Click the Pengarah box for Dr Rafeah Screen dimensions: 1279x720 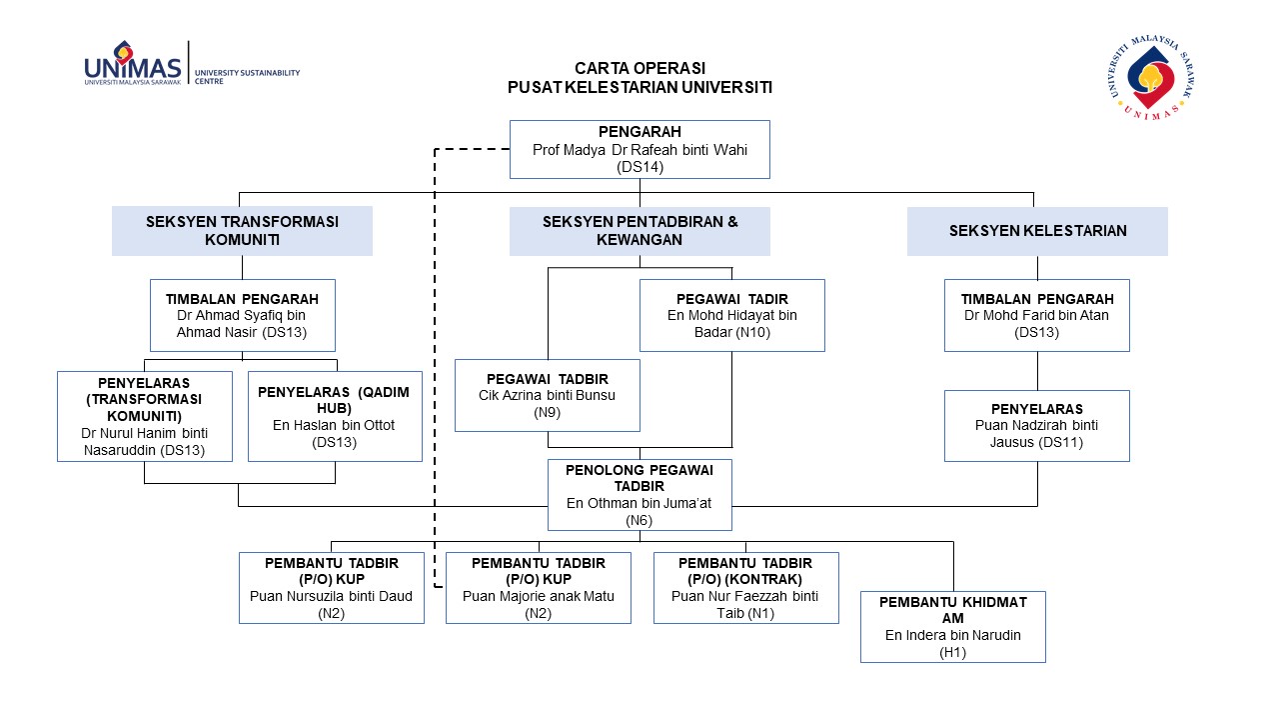click(x=639, y=149)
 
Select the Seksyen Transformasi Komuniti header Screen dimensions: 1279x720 click(x=242, y=231)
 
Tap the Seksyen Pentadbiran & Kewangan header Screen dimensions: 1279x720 click(x=639, y=231)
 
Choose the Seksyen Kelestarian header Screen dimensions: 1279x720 click(x=1037, y=231)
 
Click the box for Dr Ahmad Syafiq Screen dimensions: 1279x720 click(x=243, y=315)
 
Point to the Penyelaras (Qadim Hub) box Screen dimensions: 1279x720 click(x=335, y=417)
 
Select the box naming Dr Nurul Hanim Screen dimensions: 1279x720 click(x=145, y=417)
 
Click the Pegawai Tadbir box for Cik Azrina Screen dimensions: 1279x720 click(x=547, y=395)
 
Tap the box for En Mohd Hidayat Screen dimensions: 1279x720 click(x=732, y=315)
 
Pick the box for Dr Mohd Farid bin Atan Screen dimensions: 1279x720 click(x=1037, y=315)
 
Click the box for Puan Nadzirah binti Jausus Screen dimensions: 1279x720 click(x=1037, y=426)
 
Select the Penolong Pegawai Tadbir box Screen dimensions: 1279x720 click(x=639, y=495)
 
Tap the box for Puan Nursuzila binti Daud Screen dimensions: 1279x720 click(x=331, y=588)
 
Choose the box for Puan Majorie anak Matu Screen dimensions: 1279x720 click(x=539, y=588)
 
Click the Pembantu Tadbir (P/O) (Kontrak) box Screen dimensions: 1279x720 click(x=745, y=588)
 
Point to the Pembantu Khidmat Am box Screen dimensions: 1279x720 click(x=953, y=627)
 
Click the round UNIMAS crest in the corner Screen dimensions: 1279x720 click(x=1152, y=78)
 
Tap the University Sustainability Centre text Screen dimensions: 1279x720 click(x=247, y=77)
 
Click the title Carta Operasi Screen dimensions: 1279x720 click(x=639, y=69)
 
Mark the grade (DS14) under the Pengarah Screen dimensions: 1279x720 click(x=639, y=167)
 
